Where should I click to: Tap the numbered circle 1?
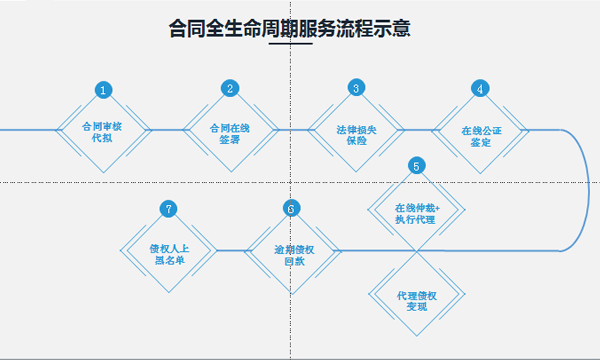tap(103, 90)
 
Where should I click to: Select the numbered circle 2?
tap(230, 88)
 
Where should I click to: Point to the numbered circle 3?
tap(355, 88)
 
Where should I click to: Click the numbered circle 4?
tap(481, 88)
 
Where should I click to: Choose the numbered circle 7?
tap(168, 209)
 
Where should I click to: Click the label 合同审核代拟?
tap(103, 133)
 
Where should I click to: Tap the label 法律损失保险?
tap(355, 133)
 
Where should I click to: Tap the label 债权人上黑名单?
tap(168, 254)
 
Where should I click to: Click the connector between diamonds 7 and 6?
tap(230, 250)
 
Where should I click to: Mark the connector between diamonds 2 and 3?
tap(292, 130)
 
